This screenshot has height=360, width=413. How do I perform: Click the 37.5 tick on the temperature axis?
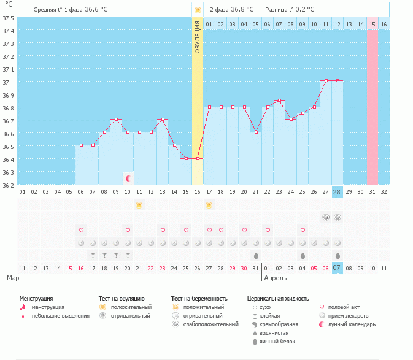point(8,17)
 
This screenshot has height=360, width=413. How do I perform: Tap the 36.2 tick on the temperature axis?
point(8,185)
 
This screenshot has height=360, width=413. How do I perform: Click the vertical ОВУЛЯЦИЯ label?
point(198,37)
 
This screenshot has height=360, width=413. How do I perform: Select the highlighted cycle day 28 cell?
point(337,192)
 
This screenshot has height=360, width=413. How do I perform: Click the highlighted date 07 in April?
point(337,268)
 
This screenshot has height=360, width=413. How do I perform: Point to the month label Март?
point(15,278)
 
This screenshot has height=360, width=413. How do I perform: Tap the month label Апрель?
point(275,278)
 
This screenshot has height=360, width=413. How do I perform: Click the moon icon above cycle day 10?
point(128,178)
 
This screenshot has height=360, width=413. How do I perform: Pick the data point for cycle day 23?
point(279,101)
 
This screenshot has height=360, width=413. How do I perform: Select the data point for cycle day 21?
point(256,132)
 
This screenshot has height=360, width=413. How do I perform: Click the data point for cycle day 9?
point(116,119)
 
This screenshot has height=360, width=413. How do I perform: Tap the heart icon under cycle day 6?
point(81,230)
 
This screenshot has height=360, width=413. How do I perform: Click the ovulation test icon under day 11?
point(139,204)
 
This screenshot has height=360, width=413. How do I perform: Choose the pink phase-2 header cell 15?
point(372,24)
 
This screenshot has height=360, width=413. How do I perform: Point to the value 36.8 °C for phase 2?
point(237,10)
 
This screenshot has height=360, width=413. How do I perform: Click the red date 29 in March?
point(233,268)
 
